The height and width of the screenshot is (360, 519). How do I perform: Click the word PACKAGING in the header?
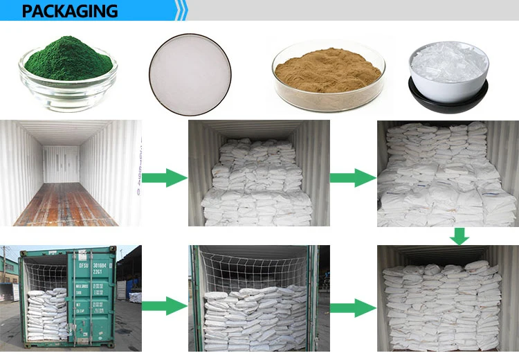click(x=69, y=11)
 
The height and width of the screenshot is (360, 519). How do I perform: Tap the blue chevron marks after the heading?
click(x=181, y=11)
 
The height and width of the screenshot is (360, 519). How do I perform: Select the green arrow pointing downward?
click(x=459, y=236)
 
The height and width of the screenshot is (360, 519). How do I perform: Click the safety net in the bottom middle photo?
click(x=253, y=270)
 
